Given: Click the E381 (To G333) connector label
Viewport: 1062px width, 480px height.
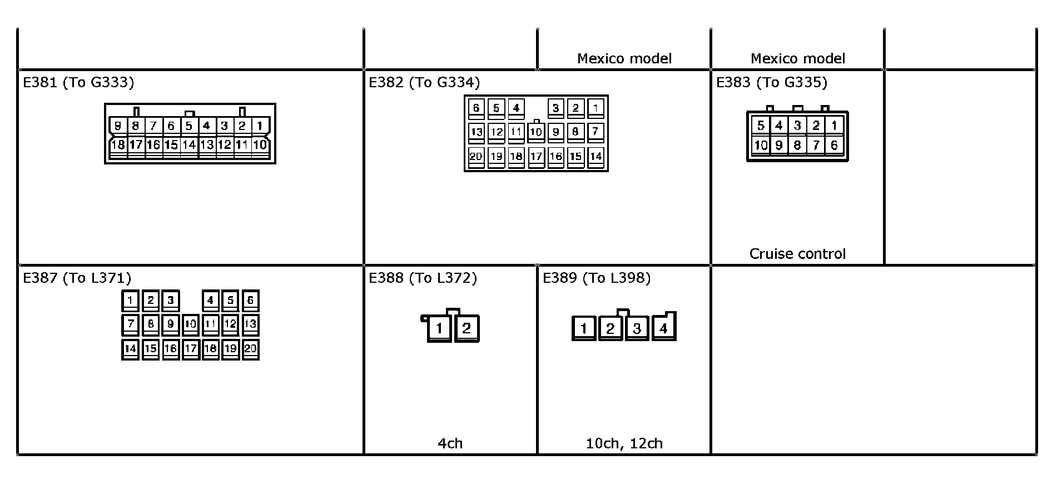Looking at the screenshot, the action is coord(78,82).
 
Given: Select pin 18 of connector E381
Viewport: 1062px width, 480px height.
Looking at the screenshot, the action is coord(118,145).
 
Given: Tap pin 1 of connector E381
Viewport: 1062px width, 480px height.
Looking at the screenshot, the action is coord(260,126).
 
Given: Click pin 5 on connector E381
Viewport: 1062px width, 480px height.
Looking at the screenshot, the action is coord(189,126).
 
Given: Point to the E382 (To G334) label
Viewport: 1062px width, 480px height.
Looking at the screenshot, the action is coord(424,82).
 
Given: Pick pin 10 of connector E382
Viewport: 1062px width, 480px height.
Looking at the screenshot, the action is coord(535,132).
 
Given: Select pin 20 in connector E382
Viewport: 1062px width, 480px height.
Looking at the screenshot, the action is coord(476,156).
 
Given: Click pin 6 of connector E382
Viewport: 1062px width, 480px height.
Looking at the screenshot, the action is coord(476,107).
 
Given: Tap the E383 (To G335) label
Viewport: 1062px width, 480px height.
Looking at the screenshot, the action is coord(771,82).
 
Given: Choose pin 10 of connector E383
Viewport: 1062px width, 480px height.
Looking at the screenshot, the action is coord(761,145).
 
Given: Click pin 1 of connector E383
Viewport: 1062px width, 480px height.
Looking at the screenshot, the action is coord(834,126).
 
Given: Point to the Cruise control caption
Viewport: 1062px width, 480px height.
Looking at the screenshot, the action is coord(797,254).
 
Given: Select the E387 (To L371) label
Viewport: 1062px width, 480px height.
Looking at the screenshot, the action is coord(77,278).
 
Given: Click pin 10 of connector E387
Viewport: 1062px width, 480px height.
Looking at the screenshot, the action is coord(190,323).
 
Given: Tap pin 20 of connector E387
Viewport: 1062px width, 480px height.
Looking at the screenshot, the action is coord(250,348).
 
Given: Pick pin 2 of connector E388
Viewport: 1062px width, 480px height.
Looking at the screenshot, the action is coord(466,328).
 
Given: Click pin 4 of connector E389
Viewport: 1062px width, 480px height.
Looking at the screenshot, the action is coord(663,328).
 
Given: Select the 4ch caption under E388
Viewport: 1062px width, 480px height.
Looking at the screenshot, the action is coord(450,443).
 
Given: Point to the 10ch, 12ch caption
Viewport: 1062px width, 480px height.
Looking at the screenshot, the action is coord(624,443).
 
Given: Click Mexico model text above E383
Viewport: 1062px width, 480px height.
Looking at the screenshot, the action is coord(797,58).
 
